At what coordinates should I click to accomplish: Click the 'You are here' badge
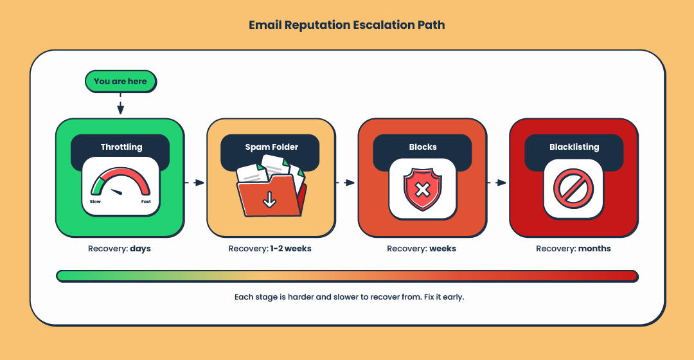[x=120, y=82]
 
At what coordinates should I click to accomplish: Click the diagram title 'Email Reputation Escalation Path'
[x=347, y=26]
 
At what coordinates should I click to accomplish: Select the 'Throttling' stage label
[x=121, y=147]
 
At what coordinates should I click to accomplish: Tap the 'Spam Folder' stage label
[x=271, y=147]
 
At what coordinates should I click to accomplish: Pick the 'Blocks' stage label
[x=423, y=147]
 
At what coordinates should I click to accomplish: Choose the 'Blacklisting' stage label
[x=574, y=147]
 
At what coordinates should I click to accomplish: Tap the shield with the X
[x=422, y=190]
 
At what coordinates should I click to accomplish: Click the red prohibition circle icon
[x=573, y=189]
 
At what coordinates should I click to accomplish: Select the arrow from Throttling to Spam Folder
[x=195, y=183]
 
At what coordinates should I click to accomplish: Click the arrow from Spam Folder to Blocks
[x=346, y=183]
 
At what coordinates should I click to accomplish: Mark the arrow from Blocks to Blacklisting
[x=497, y=183]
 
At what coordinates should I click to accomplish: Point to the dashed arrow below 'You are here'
[x=120, y=104]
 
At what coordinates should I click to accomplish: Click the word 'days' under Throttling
[x=140, y=249]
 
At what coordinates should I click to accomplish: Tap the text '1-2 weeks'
[x=290, y=249]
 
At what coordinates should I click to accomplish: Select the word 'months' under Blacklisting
[x=594, y=249]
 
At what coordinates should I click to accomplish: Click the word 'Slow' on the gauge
[x=95, y=202]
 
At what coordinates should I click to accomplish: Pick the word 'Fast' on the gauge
[x=146, y=202]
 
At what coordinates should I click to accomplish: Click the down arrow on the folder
[x=269, y=201]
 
